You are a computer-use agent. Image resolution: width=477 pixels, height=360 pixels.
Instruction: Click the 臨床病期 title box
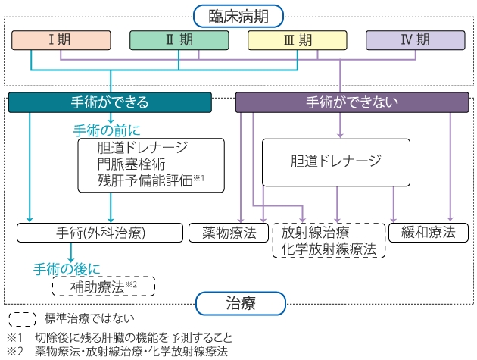(238, 14)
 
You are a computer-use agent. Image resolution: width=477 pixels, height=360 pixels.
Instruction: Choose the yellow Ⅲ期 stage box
(296, 40)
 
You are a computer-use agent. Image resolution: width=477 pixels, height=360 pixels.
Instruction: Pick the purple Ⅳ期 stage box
(415, 40)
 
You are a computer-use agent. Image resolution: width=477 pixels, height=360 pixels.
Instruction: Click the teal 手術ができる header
(110, 102)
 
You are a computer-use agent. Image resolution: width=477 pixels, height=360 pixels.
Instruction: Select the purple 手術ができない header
(351, 102)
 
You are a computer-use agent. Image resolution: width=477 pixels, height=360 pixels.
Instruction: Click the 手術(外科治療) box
(100, 233)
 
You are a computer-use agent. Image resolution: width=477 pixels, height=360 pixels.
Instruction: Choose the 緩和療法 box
(429, 233)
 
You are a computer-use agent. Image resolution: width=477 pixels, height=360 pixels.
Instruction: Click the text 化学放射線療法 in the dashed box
(329, 248)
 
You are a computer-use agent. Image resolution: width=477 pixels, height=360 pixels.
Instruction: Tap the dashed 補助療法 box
(103, 286)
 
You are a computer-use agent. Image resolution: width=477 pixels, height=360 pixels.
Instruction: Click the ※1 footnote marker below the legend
(15, 337)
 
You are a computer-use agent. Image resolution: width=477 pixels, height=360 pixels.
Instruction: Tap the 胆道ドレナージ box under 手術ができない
(335, 161)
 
